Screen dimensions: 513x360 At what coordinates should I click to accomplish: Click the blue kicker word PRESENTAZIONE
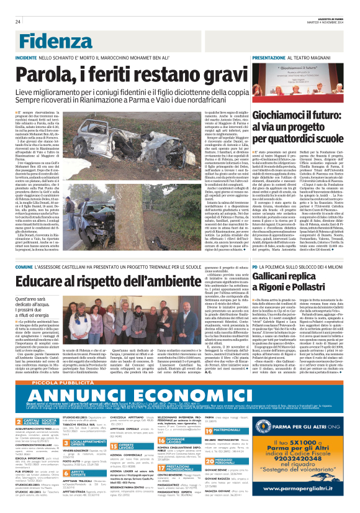269,57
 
